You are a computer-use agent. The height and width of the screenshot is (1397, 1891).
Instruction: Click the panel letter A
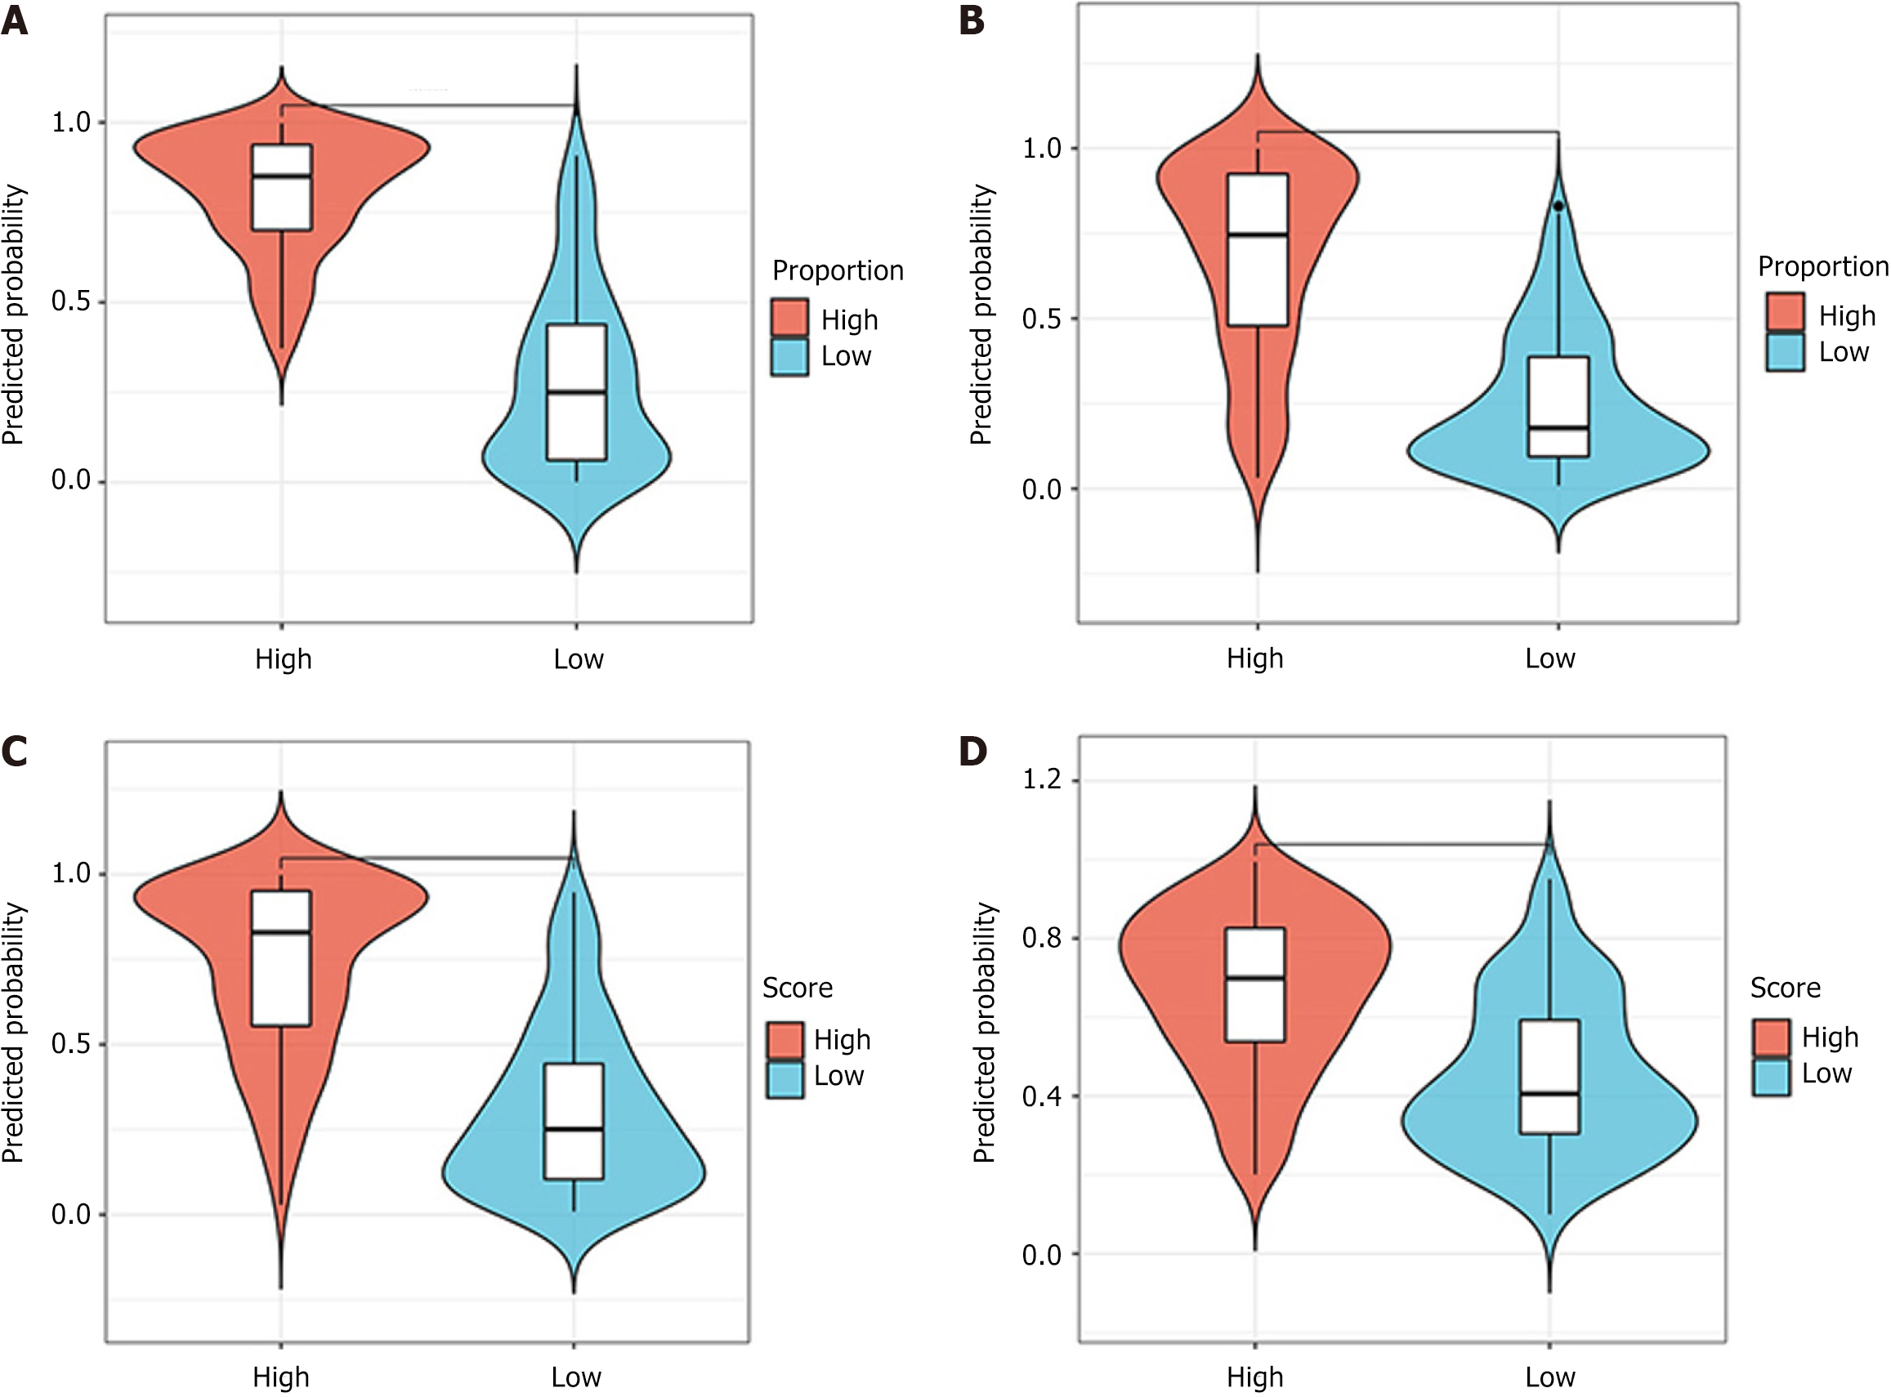click(x=15, y=20)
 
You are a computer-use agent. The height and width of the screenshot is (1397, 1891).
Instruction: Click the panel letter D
click(x=973, y=751)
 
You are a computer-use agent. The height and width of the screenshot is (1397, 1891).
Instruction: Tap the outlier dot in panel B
click(x=1558, y=207)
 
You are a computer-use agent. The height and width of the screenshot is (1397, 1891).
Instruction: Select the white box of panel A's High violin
click(x=282, y=188)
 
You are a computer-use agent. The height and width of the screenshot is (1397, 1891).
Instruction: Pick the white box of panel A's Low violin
click(x=576, y=392)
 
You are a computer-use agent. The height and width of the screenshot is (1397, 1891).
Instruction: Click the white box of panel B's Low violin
click(x=1558, y=408)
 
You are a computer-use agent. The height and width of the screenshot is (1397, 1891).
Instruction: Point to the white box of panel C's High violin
click(x=282, y=959)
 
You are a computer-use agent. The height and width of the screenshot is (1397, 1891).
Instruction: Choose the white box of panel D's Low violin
click(x=1549, y=1078)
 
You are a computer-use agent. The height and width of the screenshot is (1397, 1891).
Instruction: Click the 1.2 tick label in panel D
click(x=1041, y=779)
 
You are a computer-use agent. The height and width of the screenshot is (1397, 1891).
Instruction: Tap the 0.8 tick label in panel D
click(x=1041, y=938)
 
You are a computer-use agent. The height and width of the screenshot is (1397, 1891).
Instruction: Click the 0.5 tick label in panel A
click(x=71, y=302)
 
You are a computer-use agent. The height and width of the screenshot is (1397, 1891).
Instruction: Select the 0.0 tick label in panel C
click(x=71, y=1215)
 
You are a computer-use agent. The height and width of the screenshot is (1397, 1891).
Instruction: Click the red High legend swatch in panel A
click(x=789, y=318)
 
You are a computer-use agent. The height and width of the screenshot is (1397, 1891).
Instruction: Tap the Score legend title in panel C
click(x=797, y=988)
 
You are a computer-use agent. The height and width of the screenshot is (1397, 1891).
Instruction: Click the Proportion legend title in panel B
click(x=1822, y=267)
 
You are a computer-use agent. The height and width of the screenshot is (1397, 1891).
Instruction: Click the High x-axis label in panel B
click(x=1255, y=658)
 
